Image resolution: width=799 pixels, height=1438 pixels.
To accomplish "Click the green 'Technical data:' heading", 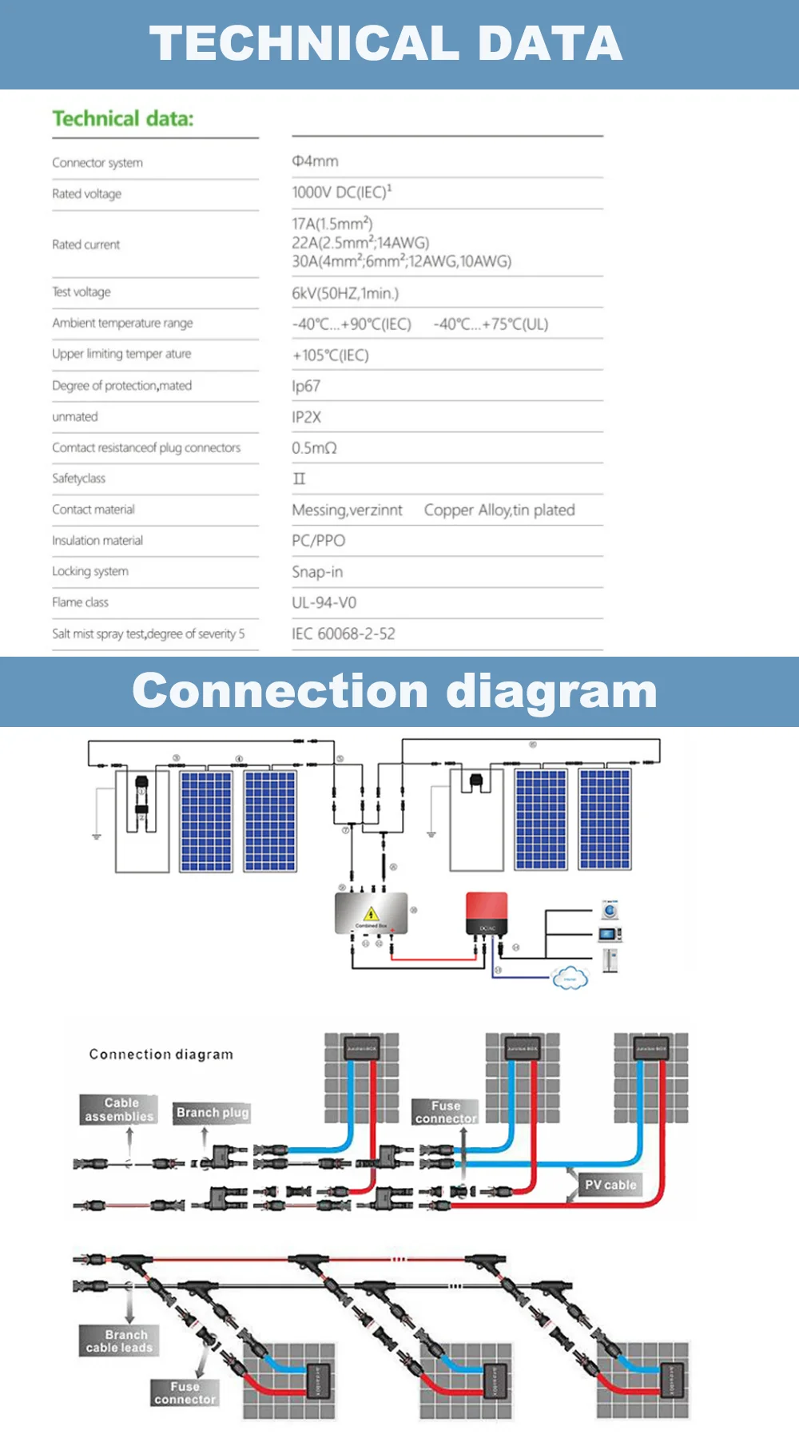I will coord(123,119).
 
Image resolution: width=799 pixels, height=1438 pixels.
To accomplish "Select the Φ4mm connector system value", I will coord(315,161).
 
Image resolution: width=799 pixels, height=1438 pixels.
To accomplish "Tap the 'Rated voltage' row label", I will coord(87,194).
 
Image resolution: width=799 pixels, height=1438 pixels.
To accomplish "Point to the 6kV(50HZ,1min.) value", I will coord(345,293).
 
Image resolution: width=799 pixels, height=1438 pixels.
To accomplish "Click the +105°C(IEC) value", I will coord(330,356).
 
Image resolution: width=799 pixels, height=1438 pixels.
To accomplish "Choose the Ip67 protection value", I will coord(306,387).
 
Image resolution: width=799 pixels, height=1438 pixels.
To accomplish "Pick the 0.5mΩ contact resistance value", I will coord(314,448).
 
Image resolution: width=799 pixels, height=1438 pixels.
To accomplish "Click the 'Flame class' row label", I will coord(80,602).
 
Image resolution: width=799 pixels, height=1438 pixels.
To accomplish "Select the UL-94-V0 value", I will coord(324,603).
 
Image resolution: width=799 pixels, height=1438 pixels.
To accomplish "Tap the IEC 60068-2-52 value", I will coord(343,634).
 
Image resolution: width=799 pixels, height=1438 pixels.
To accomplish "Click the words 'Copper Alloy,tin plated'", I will coord(499,510).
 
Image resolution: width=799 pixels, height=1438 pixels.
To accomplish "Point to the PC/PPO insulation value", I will coord(318,541).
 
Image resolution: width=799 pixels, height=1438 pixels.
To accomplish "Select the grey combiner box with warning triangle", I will coord(372,913).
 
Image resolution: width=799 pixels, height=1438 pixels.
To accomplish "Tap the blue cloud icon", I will coord(570,978).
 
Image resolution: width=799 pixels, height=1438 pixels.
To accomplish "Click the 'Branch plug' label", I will coord(213,1112).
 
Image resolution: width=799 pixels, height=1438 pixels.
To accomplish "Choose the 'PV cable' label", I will coord(610,1185).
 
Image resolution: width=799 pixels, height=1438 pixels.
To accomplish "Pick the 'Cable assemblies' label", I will coord(120,1110).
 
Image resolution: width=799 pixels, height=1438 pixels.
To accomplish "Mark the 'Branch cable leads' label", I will coord(119,1341).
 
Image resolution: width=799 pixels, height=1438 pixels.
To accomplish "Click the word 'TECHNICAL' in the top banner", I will coord(304,44).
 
